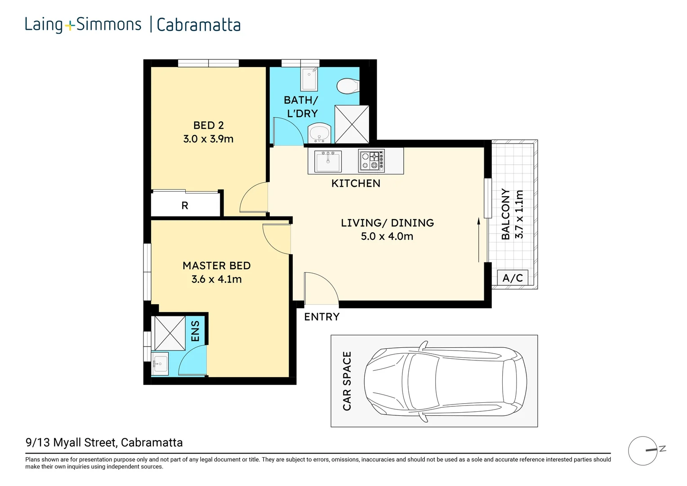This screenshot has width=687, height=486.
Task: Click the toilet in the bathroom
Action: pos(348,85)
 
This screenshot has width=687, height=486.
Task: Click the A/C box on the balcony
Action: pos(513,278)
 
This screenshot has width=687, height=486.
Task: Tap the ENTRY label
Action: pos(321,317)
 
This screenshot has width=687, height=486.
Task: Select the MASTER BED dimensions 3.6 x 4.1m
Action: pos(216,279)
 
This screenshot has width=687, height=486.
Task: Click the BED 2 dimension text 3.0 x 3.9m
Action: pos(208,139)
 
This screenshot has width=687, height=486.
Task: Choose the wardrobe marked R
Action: pos(185,205)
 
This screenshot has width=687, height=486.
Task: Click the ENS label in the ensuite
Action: pos(195,331)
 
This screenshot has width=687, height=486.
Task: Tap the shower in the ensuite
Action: pos(170,333)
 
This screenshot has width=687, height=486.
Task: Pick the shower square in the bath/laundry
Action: pos(352,124)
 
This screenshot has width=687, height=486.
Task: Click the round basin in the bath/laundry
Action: pos(320,133)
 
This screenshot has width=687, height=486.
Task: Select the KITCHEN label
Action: pos(356,183)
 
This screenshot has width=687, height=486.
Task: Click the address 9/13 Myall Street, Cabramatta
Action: pos(104,442)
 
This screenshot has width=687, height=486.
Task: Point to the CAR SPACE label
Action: pos(347,381)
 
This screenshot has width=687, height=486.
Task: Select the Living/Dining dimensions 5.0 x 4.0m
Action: pos(387,236)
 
